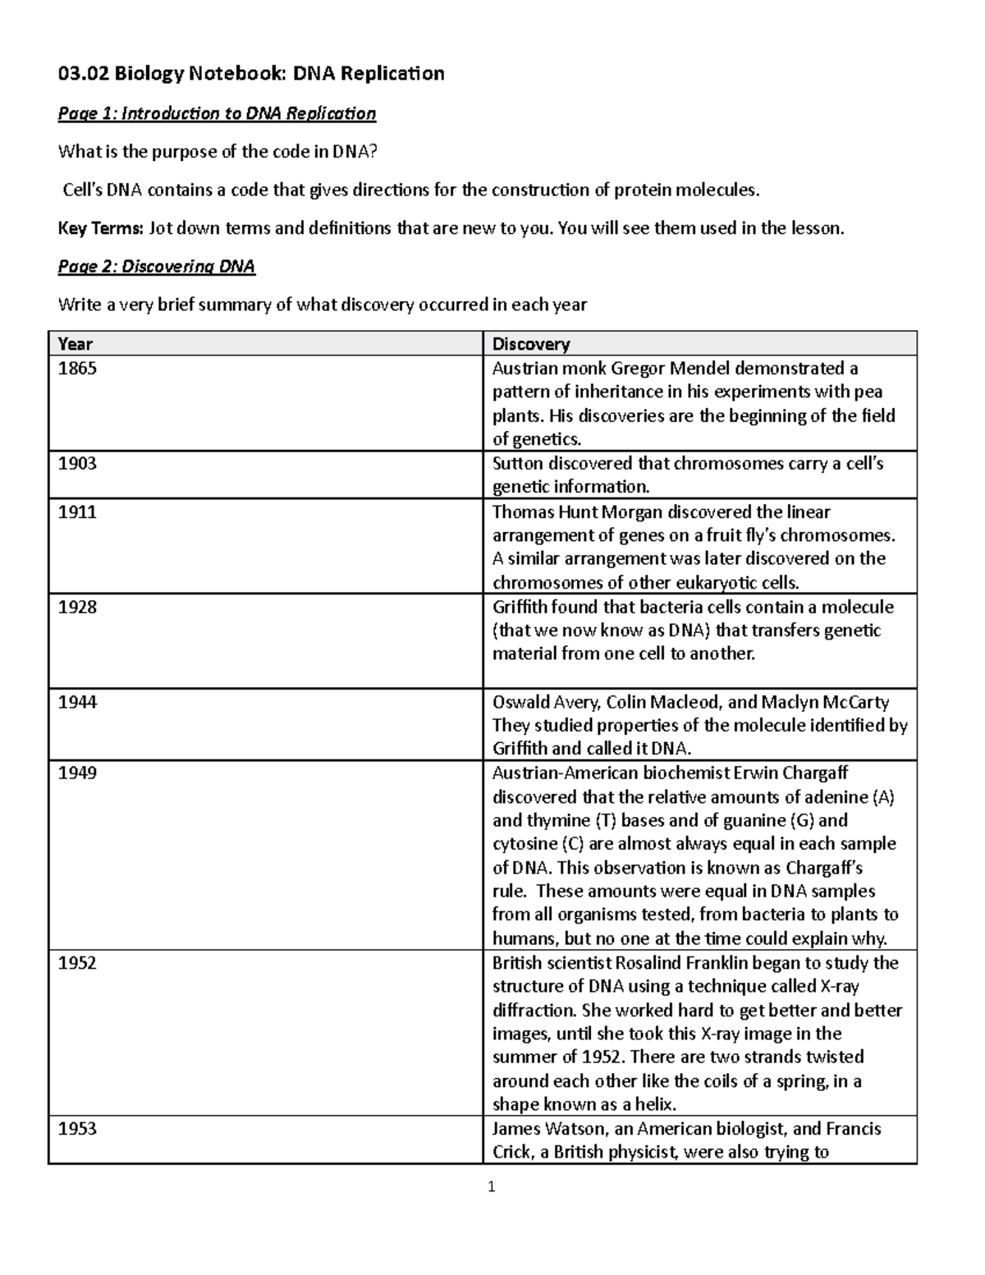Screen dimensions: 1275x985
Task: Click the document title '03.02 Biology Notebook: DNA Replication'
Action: [x=250, y=74]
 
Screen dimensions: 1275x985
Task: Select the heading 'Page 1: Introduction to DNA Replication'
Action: [x=217, y=113]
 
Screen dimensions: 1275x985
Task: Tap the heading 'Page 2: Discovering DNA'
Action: [x=156, y=267]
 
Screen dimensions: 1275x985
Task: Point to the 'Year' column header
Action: [x=75, y=344]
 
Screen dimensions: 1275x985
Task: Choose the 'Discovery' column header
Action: [x=530, y=344]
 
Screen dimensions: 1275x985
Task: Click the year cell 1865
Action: [x=77, y=369]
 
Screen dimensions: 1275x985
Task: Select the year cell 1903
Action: [x=77, y=464]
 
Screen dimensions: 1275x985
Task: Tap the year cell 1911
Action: [x=77, y=512]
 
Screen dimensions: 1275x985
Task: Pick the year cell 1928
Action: [x=77, y=608]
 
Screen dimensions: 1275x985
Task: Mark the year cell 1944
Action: [x=77, y=703]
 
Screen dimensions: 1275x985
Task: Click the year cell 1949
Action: [x=77, y=773]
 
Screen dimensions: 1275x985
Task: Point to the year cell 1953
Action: [x=77, y=1129]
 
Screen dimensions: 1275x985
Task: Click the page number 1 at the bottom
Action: [x=492, y=1186]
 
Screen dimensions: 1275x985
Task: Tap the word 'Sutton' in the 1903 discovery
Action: [x=517, y=464]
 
